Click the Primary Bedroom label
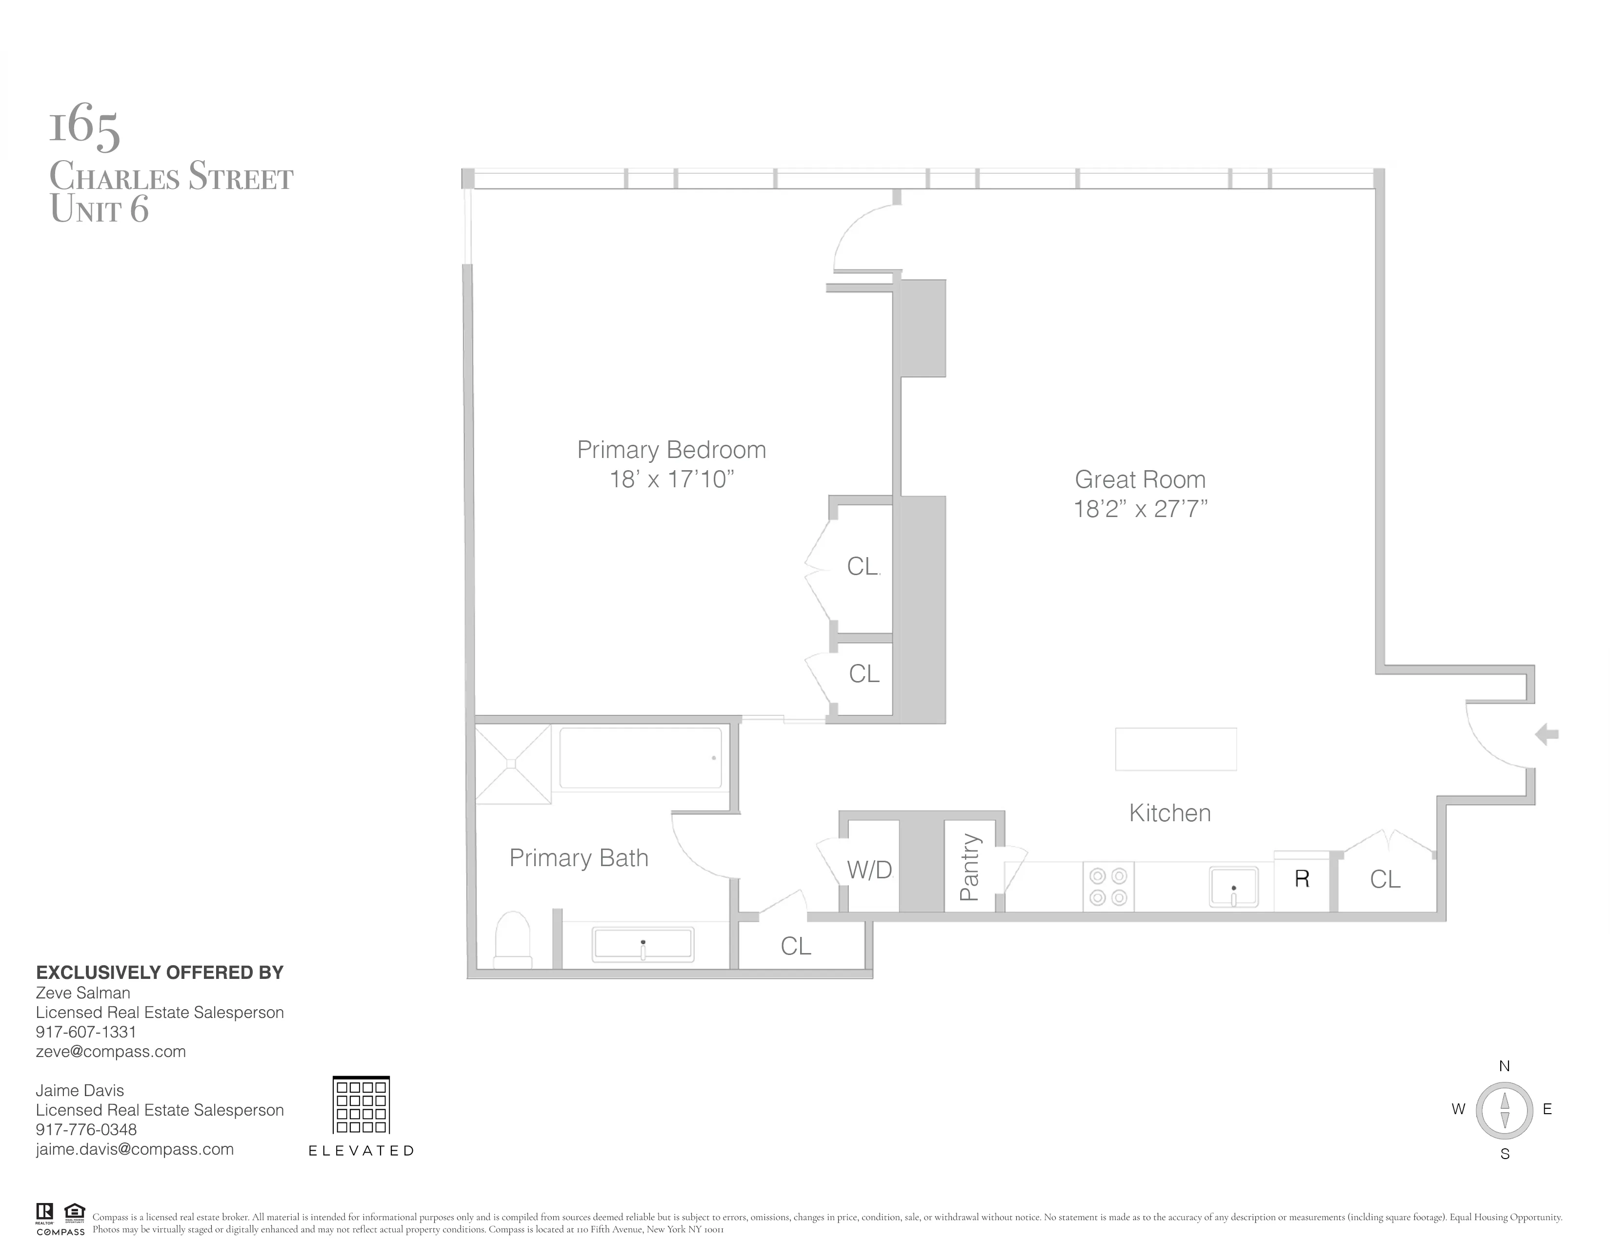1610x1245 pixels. pyautogui.click(x=671, y=450)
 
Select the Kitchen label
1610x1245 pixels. pyautogui.click(x=1170, y=813)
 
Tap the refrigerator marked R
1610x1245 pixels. pyautogui.click(x=1302, y=879)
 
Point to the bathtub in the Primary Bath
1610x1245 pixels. pyautogui.click(x=640, y=758)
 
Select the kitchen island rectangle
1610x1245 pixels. pyautogui.click(x=1175, y=749)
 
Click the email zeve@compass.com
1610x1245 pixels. pyautogui.click(x=111, y=1052)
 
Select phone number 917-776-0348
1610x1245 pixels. pyautogui.click(x=86, y=1129)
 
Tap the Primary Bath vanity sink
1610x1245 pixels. pyautogui.click(x=643, y=945)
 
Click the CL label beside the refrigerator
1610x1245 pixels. pyautogui.click(x=1385, y=879)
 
